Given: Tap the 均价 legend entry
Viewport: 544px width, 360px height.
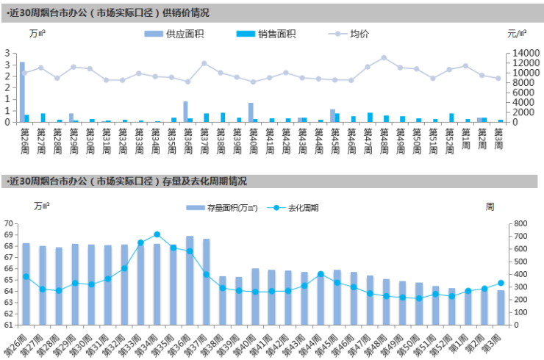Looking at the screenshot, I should [x=357, y=34].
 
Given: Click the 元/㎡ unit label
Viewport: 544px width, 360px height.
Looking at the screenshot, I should [x=517, y=34].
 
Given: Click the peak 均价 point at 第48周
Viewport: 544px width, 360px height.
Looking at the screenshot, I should [x=384, y=57].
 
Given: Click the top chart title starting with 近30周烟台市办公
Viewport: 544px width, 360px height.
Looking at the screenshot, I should [x=107, y=12].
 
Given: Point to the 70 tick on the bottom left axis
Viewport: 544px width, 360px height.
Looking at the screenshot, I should [x=9, y=223].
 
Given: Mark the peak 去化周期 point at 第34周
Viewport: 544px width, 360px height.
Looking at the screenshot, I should [x=157, y=234].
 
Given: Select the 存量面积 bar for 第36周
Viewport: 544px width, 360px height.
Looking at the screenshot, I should [x=190, y=280].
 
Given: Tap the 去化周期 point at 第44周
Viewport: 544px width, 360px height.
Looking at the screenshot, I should [x=321, y=274].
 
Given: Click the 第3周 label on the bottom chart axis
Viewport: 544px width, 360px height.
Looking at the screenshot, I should [x=495, y=341].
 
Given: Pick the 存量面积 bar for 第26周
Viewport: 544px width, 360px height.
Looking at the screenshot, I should [x=26, y=284].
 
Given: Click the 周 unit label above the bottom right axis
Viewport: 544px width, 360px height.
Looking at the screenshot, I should [x=490, y=206].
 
